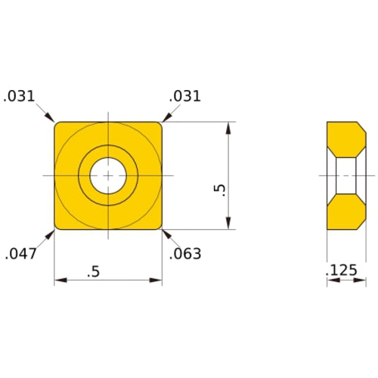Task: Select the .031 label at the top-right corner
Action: tap(185, 96)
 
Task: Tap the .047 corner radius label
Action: tap(21, 254)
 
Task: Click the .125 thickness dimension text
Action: tap(342, 270)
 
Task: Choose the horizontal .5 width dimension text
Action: tap(93, 271)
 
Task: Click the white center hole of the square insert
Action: tap(108, 175)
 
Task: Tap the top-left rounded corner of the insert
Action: tap(57, 125)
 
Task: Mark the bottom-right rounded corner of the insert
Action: tap(159, 226)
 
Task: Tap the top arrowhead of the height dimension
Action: tap(228, 126)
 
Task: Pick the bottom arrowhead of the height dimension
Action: tap(228, 225)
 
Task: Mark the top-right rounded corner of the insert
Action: tap(159, 125)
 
